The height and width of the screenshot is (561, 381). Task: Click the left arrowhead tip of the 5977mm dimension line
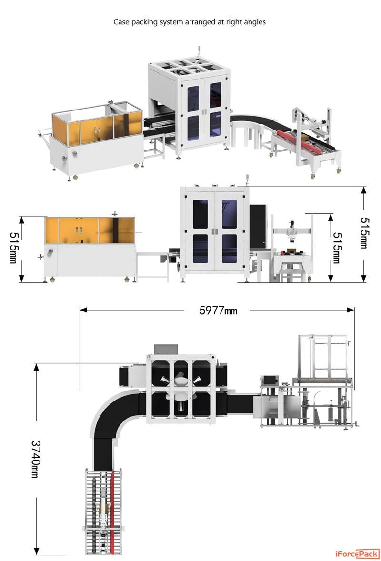[x=80, y=310]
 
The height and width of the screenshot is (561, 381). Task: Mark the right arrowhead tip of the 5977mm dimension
[x=354, y=310]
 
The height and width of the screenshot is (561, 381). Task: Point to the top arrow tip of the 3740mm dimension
[x=36, y=363]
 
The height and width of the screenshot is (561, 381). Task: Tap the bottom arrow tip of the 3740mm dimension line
[x=36, y=555]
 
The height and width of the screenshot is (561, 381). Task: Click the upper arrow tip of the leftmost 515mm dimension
[x=21, y=217]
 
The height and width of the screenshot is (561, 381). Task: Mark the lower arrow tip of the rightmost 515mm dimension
[x=364, y=282]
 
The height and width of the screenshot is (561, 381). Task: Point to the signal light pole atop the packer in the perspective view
[x=199, y=51]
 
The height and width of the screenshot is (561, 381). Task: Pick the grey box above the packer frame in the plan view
[x=166, y=349]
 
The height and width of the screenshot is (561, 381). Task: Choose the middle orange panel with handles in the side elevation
[x=79, y=230]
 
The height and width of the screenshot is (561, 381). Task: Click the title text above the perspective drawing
[x=190, y=22]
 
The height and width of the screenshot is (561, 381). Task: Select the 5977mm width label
[x=218, y=310]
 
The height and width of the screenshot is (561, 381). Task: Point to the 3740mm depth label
[x=36, y=459]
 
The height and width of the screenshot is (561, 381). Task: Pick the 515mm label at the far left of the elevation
[x=13, y=248]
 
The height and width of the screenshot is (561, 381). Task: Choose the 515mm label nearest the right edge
[x=364, y=232]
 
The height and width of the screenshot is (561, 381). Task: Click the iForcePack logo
[x=357, y=554]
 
